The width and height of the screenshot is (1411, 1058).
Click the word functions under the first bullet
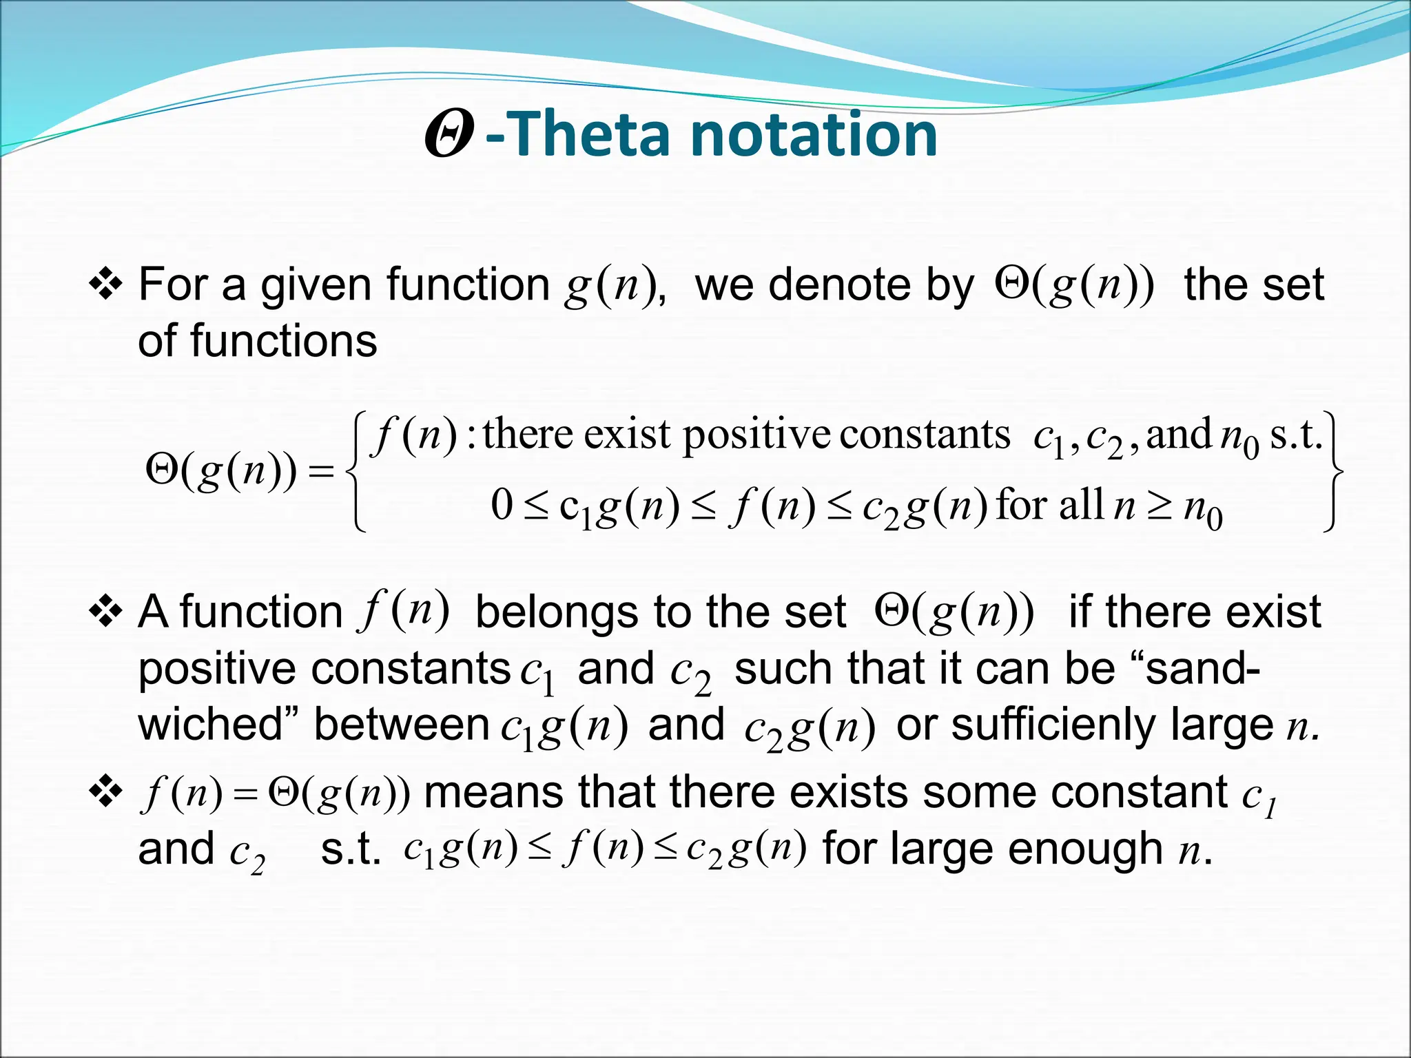284,340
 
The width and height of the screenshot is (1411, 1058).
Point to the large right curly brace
1333,472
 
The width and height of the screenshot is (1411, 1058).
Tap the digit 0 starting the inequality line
502,505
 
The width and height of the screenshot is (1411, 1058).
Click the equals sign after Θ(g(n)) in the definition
321,472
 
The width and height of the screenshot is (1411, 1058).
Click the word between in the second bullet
401,725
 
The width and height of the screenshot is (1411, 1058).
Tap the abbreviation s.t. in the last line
351,849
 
